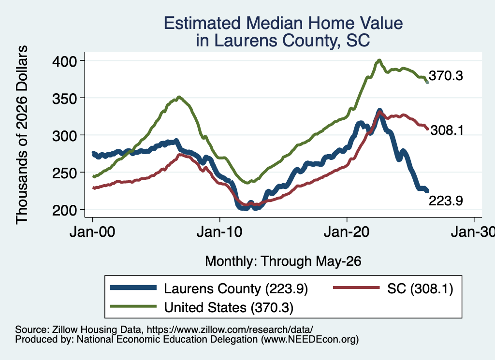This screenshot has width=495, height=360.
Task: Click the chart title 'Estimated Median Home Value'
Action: click(x=283, y=23)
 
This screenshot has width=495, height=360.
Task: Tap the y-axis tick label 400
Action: click(x=64, y=61)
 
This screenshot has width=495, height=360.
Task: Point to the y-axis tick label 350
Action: click(x=64, y=99)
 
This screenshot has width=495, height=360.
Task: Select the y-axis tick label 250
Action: click(x=64, y=173)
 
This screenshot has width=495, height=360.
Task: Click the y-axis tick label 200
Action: click(x=64, y=210)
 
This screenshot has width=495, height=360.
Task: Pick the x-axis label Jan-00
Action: click(x=92, y=232)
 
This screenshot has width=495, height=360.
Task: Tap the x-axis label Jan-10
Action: click(x=219, y=232)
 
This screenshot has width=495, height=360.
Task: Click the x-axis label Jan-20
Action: click(x=347, y=232)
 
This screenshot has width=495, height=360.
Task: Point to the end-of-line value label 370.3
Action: click(x=446, y=76)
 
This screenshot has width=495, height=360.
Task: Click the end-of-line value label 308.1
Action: click(x=447, y=130)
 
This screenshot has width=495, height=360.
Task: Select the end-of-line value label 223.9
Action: click(x=446, y=201)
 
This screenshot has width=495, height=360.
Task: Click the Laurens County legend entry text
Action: click(x=236, y=288)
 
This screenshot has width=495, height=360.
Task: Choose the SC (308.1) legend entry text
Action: click(x=420, y=288)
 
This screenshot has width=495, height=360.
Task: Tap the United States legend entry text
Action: click(x=229, y=307)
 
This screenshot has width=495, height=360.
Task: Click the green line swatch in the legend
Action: click(x=133, y=306)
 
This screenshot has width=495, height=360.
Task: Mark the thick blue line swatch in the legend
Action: click(x=133, y=288)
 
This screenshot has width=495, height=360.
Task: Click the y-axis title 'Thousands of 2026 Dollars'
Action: click(x=22, y=135)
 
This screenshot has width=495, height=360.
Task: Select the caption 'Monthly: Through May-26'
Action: click(x=283, y=261)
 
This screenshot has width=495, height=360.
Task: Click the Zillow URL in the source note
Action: click(x=230, y=330)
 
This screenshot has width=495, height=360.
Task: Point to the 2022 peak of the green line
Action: click(x=379, y=60)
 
